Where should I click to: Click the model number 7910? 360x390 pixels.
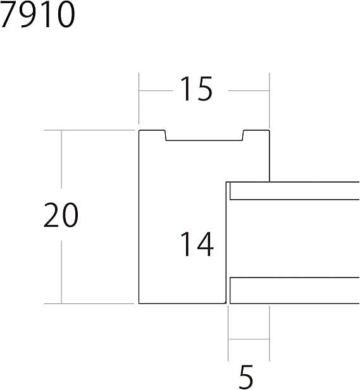(x=37, y=15)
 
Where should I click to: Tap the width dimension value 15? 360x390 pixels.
(x=197, y=88)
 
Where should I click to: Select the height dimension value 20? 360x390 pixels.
(x=61, y=215)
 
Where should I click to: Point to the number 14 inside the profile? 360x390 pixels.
(x=197, y=244)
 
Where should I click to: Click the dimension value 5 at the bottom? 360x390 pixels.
(x=246, y=377)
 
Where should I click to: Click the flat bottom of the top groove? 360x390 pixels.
(x=204, y=140)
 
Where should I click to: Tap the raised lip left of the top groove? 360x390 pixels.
(x=152, y=130)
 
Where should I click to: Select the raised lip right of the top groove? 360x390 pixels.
(x=256, y=130)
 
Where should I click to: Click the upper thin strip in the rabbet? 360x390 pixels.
(x=295, y=191)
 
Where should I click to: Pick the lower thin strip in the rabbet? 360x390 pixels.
(x=295, y=291)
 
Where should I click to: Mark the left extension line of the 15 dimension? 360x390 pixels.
(x=139, y=99)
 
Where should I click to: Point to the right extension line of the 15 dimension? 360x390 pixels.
(x=270, y=101)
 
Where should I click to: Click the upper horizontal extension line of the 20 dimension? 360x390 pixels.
(x=90, y=130)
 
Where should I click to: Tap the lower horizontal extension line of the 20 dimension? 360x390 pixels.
(x=90, y=303)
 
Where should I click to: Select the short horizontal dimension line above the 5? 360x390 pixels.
(x=249, y=339)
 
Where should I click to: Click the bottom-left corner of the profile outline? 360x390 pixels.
(x=139, y=303)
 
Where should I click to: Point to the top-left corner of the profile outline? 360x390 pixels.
(x=139, y=130)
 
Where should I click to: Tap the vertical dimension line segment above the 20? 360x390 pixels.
(x=61, y=159)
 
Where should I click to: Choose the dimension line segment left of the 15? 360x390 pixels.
(x=156, y=90)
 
